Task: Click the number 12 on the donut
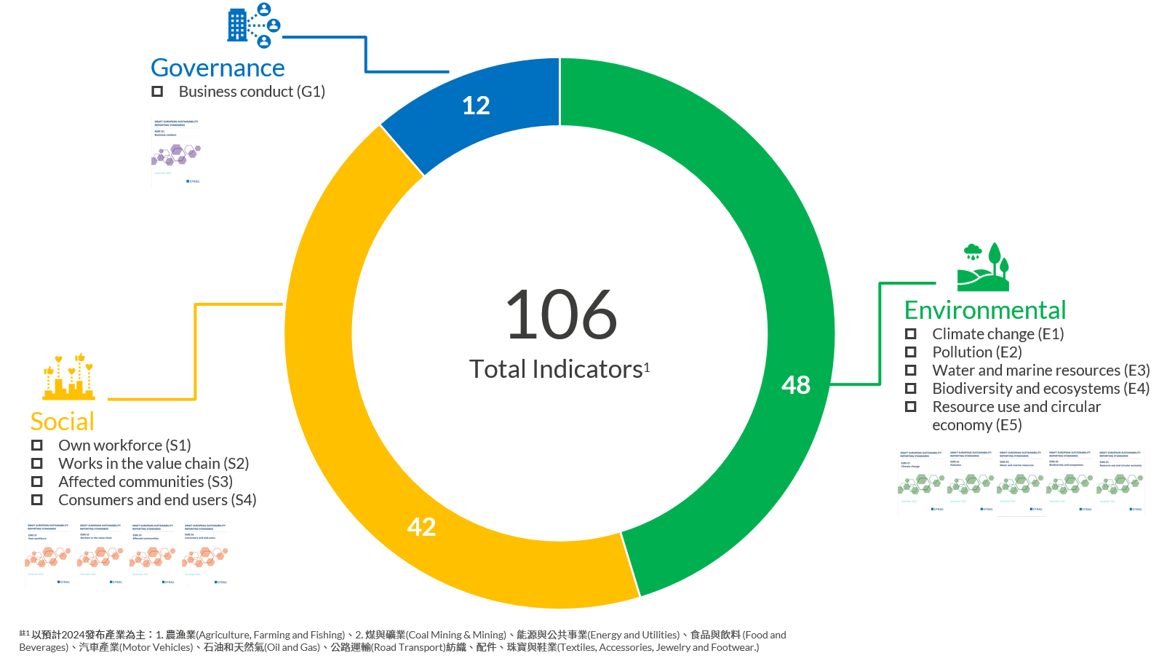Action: click(x=476, y=106)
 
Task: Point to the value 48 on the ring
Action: click(x=795, y=385)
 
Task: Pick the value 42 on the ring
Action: click(x=421, y=527)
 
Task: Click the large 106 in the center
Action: click(x=561, y=315)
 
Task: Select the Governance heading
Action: click(x=218, y=68)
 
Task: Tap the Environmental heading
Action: click(x=984, y=310)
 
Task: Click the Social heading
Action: click(x=63, y=421)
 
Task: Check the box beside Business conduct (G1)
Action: click(x=157, y=92)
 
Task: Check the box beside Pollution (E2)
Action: click(x=910, y=352)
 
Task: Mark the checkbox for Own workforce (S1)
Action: click(x=37, y=445)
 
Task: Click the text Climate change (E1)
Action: click(x=997, y=334)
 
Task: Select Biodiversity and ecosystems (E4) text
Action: click(x=1040, y=389)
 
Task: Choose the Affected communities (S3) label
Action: click(x=146, y=482)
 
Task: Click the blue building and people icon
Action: click(x=253, y=25)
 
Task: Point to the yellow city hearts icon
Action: click(x=69, y=377)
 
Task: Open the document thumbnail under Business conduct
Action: click(x=176, y=152)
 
